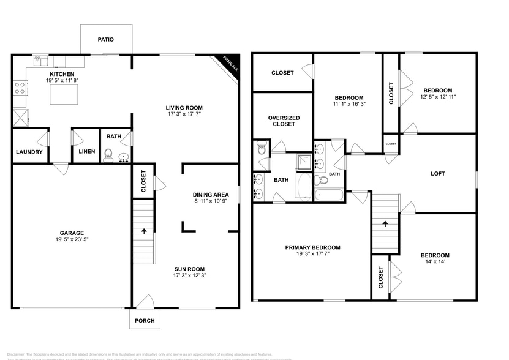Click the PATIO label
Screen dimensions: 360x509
[x=106, y=40]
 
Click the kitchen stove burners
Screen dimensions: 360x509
[x=20, y=88]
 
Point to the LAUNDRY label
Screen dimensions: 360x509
[x=29, y=152]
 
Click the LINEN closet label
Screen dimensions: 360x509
[x=86, y=152]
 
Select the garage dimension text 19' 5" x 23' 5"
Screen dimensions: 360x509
[x=72, y=240]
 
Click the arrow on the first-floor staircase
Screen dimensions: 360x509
[x=144, y=231]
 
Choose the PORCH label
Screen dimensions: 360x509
[x=145, y=321]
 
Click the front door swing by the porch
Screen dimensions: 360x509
[x=145, y=301]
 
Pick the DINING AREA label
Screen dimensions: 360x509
[x=210, y=195]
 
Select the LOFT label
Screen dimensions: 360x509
[x=438, y=173]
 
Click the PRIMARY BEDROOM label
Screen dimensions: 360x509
[x=312, y=247]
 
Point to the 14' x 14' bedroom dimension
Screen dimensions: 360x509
[x=434, y=263]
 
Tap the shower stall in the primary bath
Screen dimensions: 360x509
[x=304, y=162]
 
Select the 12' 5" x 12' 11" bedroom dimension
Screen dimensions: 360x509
[x=438, y=97]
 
